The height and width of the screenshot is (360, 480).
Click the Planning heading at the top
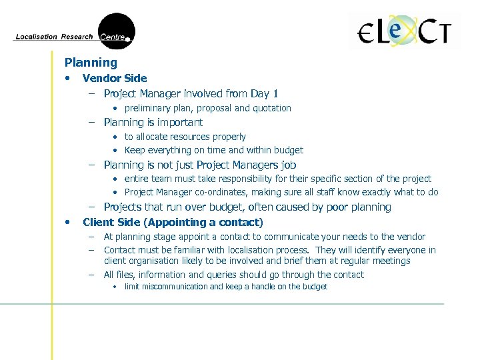pyautogui.click(x=91, y=63)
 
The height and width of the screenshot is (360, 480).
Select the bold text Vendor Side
pyautogui.click(x=115, y=78)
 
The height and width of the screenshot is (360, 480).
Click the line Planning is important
pyautogui.click(x=153, y=122)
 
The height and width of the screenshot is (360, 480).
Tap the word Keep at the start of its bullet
pyautogui.click(x=135, y=150)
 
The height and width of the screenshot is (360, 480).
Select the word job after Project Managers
pyautogui.click(x=287, y=165)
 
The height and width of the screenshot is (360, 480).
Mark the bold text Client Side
pyautogui.click(x=111, y=222)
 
